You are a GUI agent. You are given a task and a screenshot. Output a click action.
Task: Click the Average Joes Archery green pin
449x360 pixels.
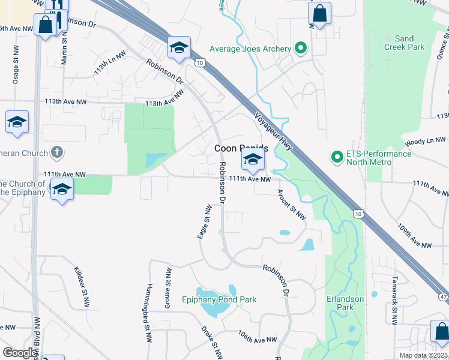[x=301, y=49]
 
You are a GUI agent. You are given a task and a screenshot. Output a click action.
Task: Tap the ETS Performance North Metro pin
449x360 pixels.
[x=337, y=158]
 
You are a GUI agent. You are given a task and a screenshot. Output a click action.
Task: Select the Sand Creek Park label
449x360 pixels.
[x=404, y=43]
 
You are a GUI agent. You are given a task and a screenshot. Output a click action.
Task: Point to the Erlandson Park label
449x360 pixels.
[x=345, y=303]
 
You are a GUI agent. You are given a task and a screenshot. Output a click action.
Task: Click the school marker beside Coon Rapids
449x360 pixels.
[x=253, y=160]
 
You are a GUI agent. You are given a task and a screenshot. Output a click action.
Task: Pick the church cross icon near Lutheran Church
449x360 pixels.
[x=57, y=152]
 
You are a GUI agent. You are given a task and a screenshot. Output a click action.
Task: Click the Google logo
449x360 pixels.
[x=20, y=352]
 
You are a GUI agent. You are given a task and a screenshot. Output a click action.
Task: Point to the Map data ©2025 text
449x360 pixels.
[x=423, y=355]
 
